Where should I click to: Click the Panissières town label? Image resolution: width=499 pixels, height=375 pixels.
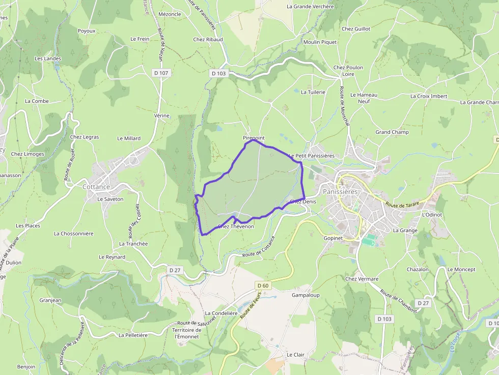[x=340, y=191]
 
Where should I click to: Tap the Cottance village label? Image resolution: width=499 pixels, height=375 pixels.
[x=96, y=187]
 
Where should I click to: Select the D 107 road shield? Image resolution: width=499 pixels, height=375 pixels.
[x=161, y=73]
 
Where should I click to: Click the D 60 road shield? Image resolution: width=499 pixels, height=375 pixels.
[x=262, y=285]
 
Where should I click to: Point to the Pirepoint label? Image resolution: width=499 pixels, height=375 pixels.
[x=254, y=138]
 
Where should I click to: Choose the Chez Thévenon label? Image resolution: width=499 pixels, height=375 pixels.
[x=235, y=226]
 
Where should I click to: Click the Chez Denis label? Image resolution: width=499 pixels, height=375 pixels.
[x=303, y=201]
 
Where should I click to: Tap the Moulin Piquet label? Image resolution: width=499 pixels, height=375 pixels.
[x=320, y=42]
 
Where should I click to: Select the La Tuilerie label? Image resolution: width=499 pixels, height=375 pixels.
[x=313, y=92]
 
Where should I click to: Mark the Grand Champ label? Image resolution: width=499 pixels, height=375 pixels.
[x=392, y=132]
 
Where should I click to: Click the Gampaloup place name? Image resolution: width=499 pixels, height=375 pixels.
[x=306, y=295]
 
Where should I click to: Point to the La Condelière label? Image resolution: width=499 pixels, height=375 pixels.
[x=221, y=313]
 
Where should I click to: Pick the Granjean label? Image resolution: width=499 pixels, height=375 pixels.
[x=50, y=300]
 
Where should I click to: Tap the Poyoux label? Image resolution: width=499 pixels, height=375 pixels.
[x=87, y=31]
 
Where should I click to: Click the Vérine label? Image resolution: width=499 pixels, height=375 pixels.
[x=161, y=116]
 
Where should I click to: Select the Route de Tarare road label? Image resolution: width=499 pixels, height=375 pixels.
[x=402, y=205]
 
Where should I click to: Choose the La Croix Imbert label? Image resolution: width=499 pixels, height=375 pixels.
[x=429, y=96]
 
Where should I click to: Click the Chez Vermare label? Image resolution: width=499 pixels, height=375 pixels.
[x=362, y=279]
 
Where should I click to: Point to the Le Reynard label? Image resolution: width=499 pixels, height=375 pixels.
[x=112, y=257]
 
